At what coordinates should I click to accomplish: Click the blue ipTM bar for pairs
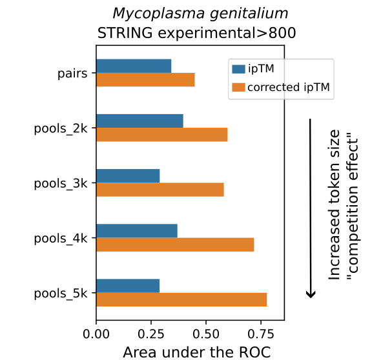pos(134,66)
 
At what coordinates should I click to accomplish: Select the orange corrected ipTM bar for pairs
pos(145,79)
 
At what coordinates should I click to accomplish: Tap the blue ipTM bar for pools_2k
pos(139,121)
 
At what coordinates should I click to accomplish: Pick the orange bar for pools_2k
pos(161,134)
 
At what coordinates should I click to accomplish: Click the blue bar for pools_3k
pos(128,176)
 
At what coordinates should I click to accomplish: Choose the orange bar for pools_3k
pos(160,190)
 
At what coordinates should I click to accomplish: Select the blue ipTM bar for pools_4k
pos(136,231)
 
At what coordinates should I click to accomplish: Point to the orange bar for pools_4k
pos(175,245)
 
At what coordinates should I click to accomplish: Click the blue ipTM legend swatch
pos(238,68)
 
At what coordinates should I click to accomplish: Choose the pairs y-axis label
pos(73,73)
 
